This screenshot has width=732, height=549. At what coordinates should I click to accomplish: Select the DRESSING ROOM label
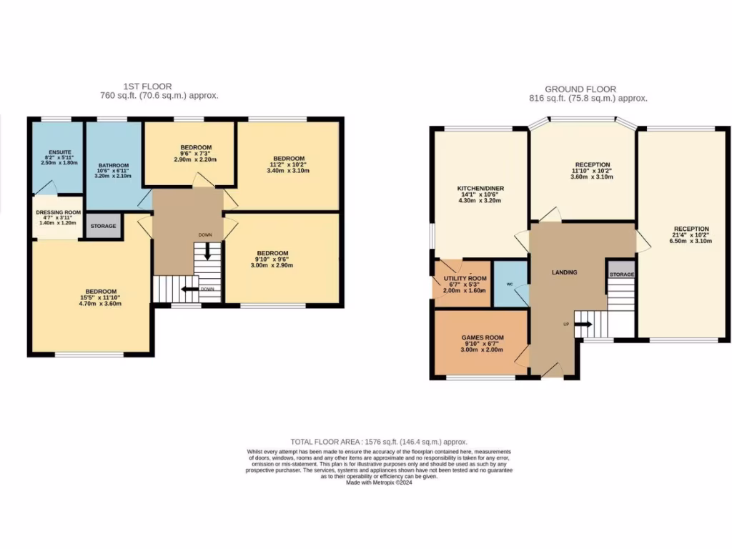pos(59,212)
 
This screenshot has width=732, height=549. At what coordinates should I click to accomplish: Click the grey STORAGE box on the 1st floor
pos(103,226)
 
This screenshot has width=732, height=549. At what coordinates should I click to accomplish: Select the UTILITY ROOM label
pos(465,278)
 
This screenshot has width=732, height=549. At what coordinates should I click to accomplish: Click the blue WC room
pos(510,285)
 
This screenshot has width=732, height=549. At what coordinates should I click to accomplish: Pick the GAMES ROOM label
pos(482,337)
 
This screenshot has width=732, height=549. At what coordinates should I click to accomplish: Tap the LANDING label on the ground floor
pos(564,272)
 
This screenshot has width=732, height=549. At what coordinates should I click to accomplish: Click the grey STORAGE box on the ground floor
pos(620,274)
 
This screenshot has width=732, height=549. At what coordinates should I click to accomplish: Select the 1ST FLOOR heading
pos(147,86)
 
